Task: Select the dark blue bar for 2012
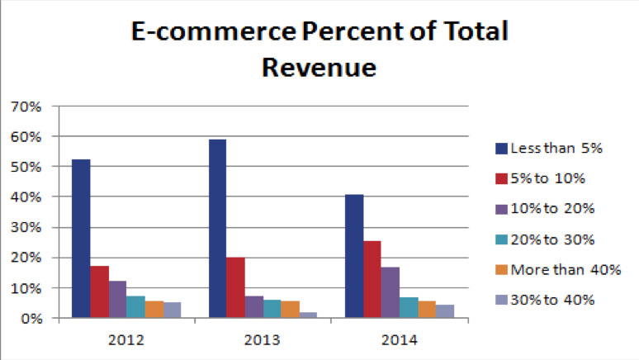pyautogui.click(x=81, y=239)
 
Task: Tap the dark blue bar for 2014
pyautogui.click(x=354, y=256)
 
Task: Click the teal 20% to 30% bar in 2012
pyautogui.click(x=135, y=306)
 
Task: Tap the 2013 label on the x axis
pyautogui.click(x=263, y=339)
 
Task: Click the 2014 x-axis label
pyautogui.click(x=400, y=339)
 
